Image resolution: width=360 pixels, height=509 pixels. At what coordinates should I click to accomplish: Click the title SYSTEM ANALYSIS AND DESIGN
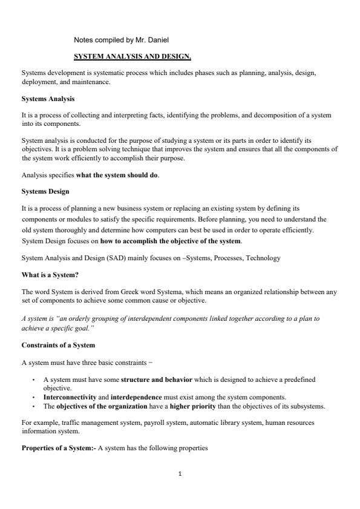(x=133, y=57)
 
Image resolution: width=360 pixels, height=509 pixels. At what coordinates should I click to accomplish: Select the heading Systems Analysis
(x=48, y=98)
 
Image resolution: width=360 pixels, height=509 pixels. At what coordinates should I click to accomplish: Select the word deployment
(x=39, y=81)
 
